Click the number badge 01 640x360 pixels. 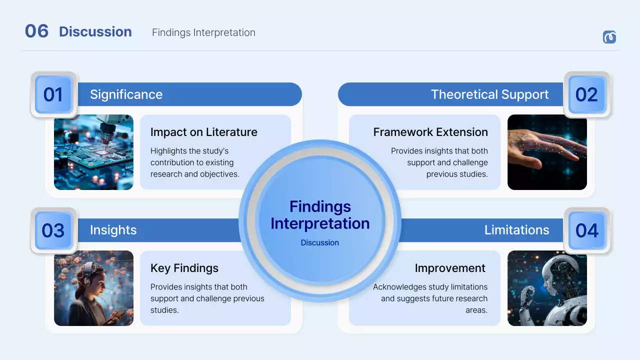tap(53, 94)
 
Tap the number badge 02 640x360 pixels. tap(586, 94)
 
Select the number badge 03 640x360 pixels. tap(53, 230)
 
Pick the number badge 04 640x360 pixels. tap(586, 230)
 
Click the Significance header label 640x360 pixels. tap(126, 94)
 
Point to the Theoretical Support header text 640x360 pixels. tap(489, 94)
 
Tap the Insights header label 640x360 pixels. tap(113, 230)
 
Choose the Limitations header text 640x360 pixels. tap(516, 230)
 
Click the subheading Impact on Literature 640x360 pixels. tap(203, 132)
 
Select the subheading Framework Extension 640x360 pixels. tap(430, 132)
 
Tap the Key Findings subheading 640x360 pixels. tap(184, 268)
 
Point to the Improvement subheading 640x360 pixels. tap(450, 268)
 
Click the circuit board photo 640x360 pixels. tap(93, 152)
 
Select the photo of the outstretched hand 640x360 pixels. tap(547, 152)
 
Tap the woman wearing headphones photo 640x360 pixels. tap(93, 288)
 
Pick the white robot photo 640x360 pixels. tap(547, 288)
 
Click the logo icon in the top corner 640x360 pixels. tap(609, 37)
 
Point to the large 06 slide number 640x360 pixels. tap(36, 31)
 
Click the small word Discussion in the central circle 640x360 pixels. tap(319, 242)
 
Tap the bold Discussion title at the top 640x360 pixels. tap(95, 32)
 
